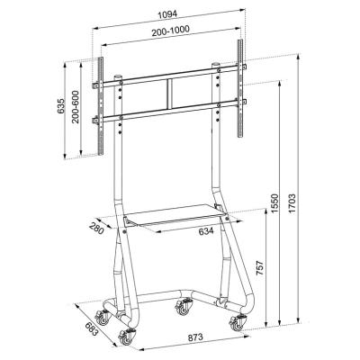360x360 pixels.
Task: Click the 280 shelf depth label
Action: pos(95,225)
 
